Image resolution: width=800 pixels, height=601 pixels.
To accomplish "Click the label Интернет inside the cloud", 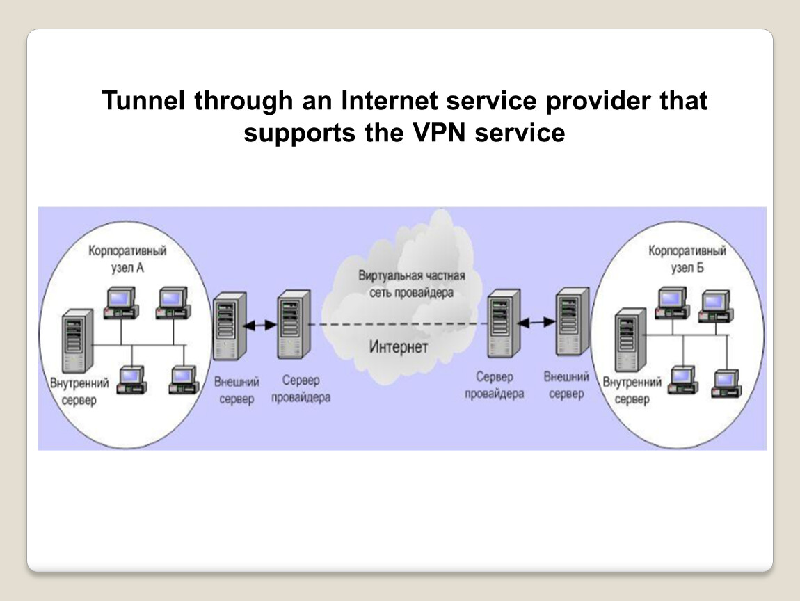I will pos(399,346).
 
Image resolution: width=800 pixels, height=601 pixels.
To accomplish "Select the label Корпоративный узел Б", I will pos(687,259).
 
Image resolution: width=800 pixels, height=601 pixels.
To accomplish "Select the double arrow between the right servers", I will pos(538,322).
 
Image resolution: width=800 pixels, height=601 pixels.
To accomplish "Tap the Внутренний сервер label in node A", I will pos(79,392).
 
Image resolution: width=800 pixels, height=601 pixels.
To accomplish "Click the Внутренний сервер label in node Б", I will pos(632,391).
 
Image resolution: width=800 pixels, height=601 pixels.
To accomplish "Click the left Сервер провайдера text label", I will pos(301,389).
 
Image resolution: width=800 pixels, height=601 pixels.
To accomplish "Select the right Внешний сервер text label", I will pos(566,385).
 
